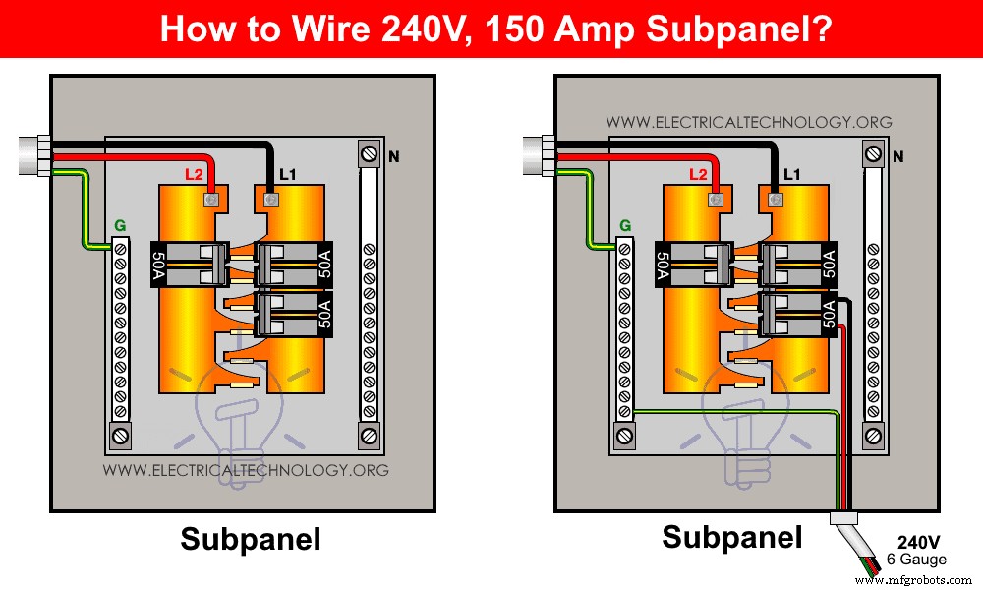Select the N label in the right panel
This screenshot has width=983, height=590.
(897, 156)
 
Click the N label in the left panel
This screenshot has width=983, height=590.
(394, 155)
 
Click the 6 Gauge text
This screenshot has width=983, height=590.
(916, 559)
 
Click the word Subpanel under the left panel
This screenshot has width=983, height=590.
(250, 540)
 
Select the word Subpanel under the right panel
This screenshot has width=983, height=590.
(732, 538)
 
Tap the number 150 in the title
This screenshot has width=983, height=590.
(516, 28)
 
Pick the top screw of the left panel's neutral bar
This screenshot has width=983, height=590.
(369, 155)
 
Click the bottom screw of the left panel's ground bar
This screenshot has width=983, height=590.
(120, 434)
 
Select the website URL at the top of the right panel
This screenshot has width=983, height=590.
(749, 123)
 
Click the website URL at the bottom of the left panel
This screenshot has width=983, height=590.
(246, 470)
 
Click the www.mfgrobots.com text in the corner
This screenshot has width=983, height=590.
(914, 581)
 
